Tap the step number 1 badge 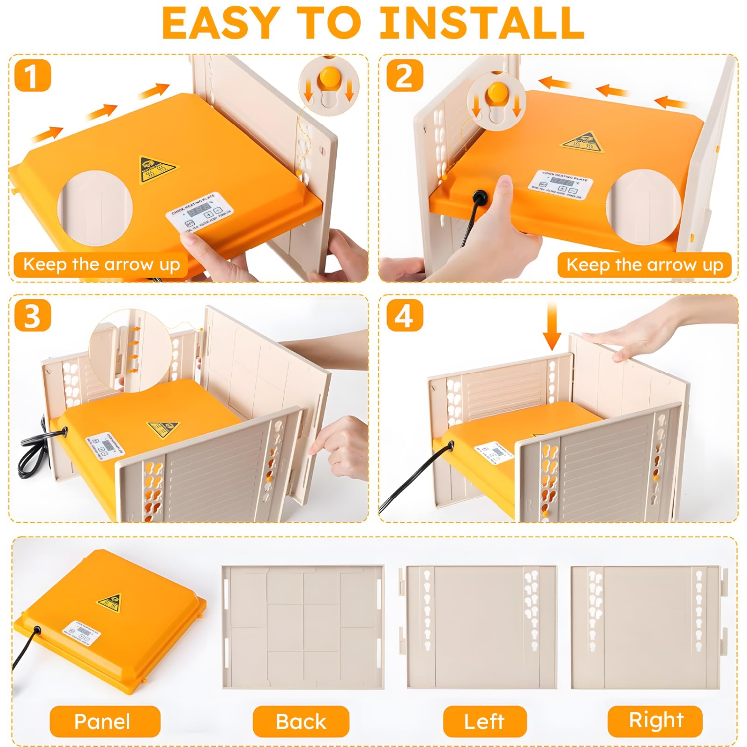[33, 76]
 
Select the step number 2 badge [405, 76]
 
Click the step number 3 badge [33, 316]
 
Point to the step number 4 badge [405, 316]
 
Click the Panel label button [105, 721]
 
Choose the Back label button [301, 721]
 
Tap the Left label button [485, 721]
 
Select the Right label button [655, 720]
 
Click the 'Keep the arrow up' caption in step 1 [101, 264]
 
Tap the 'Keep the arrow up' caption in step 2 [644, 265]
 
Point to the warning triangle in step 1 [157, 168]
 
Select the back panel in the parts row [303, 627]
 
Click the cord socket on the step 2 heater [480, 197]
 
